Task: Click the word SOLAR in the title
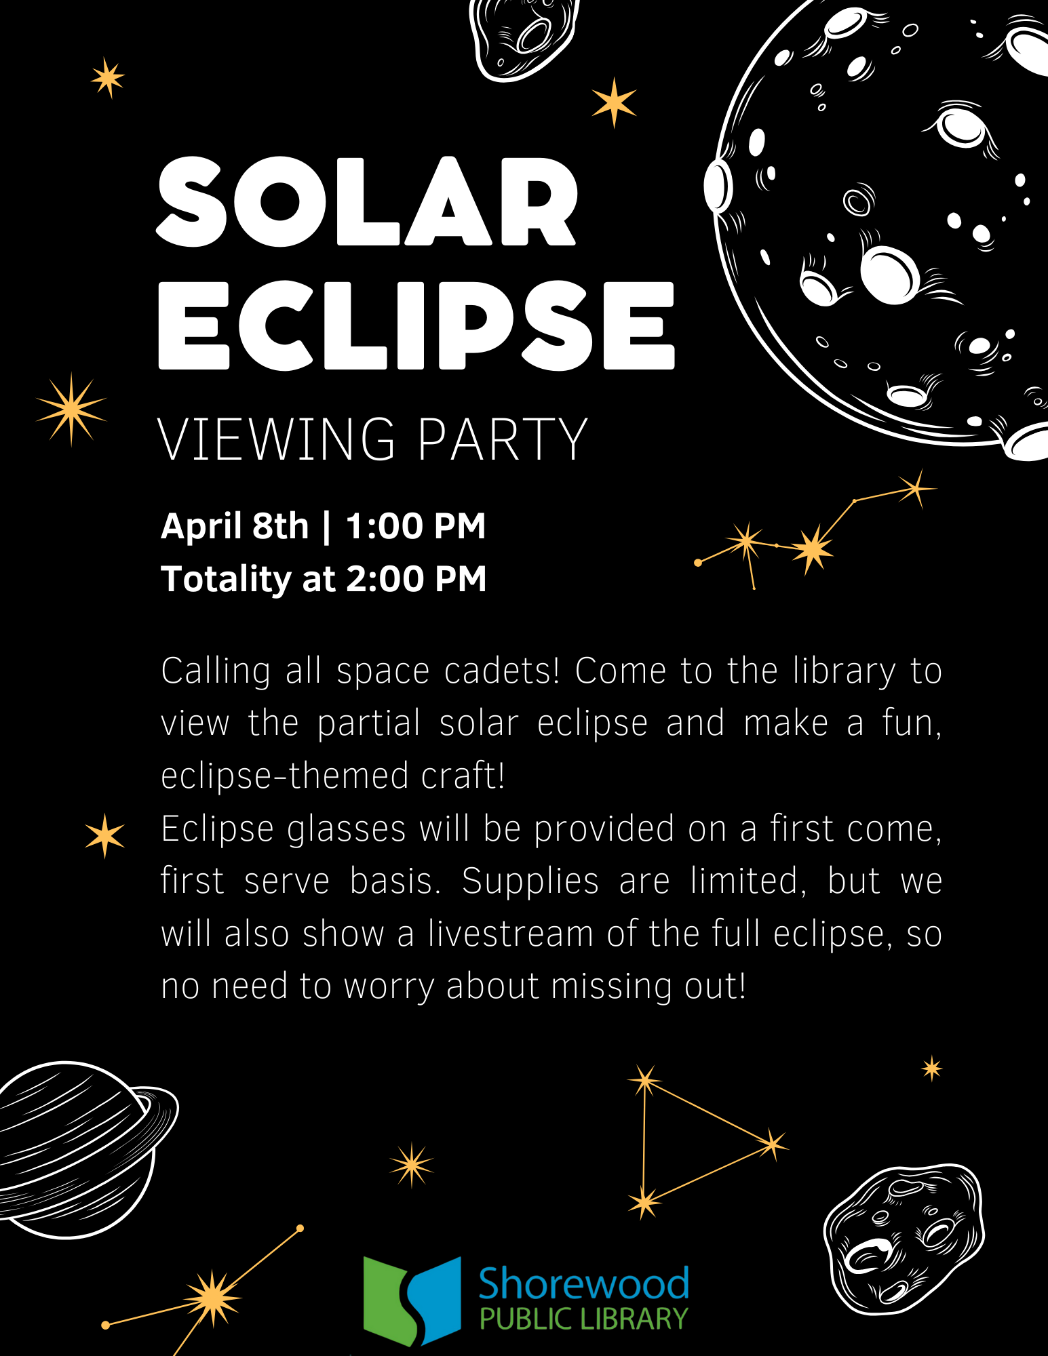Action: tap(367, 201)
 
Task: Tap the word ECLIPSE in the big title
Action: tap(416, 326)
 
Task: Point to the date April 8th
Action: tap(235, 526)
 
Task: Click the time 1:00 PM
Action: tap(416, 526)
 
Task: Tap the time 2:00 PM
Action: tap(416, 579)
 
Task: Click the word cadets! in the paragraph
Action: tap(502, 671)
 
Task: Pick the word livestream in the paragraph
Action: tap(511, 934)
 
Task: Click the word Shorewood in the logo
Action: tap(584, 1283)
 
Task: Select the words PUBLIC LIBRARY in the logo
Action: tap(584, 1319)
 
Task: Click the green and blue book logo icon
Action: tap(412, 1300)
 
